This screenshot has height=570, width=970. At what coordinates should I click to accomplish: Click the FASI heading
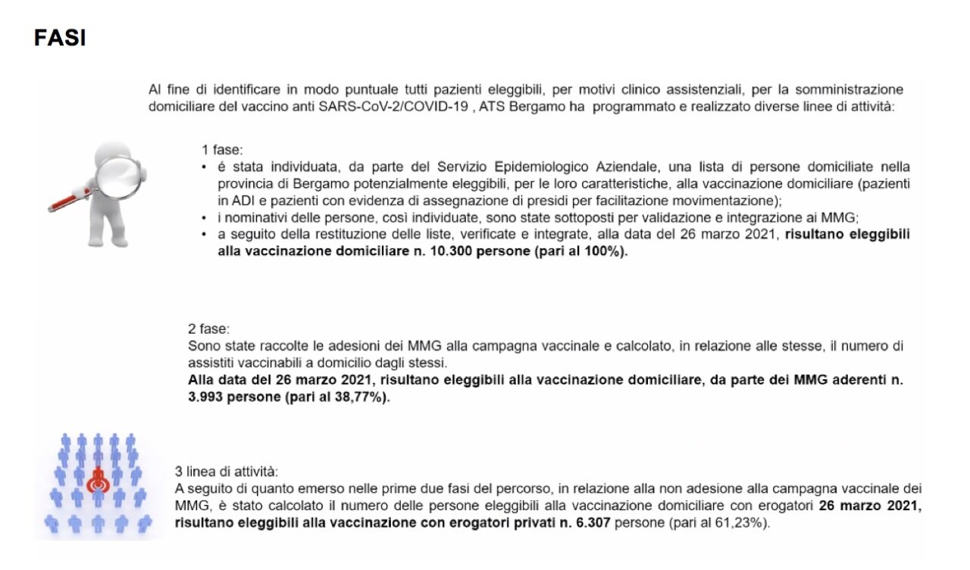pos(60,39)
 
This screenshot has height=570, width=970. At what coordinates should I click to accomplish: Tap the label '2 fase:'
pos(208,329)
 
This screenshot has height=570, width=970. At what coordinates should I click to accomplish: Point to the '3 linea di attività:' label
pos(221,471)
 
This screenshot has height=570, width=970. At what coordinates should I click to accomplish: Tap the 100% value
pos(600,253)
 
